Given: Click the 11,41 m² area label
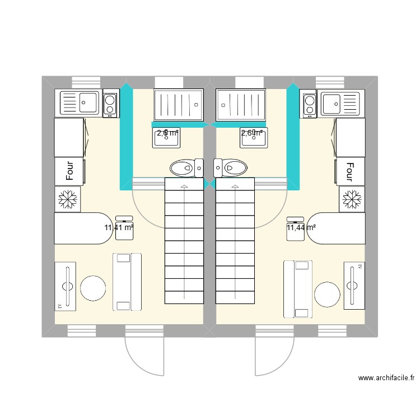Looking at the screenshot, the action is coord(119,227).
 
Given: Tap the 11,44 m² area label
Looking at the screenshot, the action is coord(301,227).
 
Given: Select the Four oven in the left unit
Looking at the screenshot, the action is coord(69,171).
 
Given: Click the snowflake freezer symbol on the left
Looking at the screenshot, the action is coord(68,198).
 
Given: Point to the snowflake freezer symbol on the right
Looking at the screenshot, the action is coord(352,198).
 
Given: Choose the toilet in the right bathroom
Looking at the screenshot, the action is coord(230,167).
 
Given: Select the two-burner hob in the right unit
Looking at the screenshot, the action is coord(309,105).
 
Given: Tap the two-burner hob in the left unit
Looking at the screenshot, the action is coord(110,104).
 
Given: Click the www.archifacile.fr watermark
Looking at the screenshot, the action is coord(386,379).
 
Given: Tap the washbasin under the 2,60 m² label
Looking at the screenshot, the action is coord(253,138).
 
